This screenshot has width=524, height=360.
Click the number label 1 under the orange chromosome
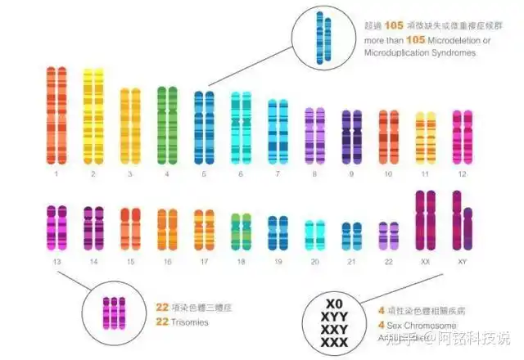tap(56, 174)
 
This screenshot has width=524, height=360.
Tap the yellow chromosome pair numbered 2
tap(93, 119)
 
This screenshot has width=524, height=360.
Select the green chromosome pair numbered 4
tap(167, 124)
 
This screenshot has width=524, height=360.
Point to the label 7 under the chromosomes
tap(278, 174)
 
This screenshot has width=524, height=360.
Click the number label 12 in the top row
tap(463, 174)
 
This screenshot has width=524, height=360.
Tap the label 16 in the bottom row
tap(167, 262)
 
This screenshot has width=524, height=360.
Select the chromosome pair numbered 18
tap(241, 232)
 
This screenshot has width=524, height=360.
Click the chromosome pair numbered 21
tap(352, 236)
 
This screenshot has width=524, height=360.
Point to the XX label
tap(426, 262)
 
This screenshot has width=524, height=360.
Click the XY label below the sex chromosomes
tap(463, 262)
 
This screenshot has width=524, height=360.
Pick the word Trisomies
tap(191, 322)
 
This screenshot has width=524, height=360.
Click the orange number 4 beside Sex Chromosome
tap(381, 325)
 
